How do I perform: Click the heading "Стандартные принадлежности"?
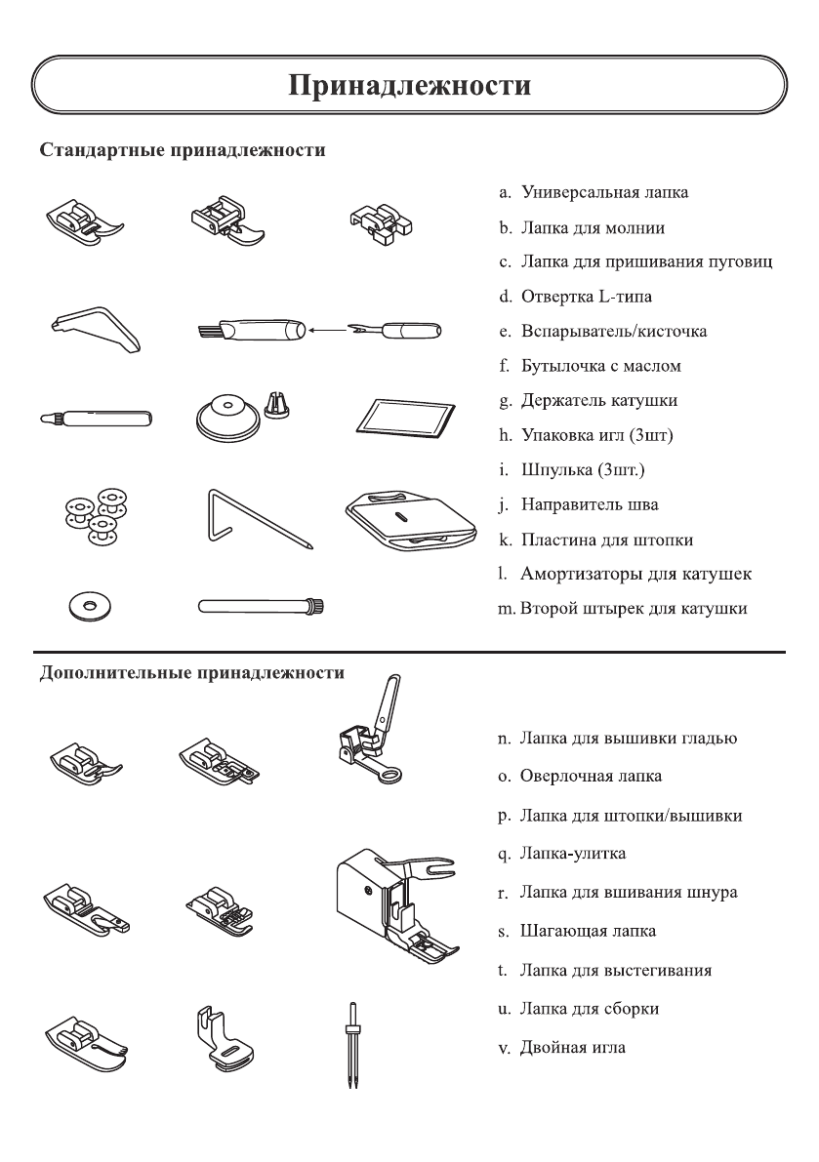click(x=182, y=152)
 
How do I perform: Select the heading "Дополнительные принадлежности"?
click(x=191, y=672)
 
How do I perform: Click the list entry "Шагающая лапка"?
click(x=587, y=931)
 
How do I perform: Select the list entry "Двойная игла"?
click(x=572, y=1048)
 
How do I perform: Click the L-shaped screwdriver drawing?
click(x=96, y=326)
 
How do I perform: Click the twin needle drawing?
click(x=348, y=1046)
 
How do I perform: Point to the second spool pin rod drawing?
click(x=260, y=607)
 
